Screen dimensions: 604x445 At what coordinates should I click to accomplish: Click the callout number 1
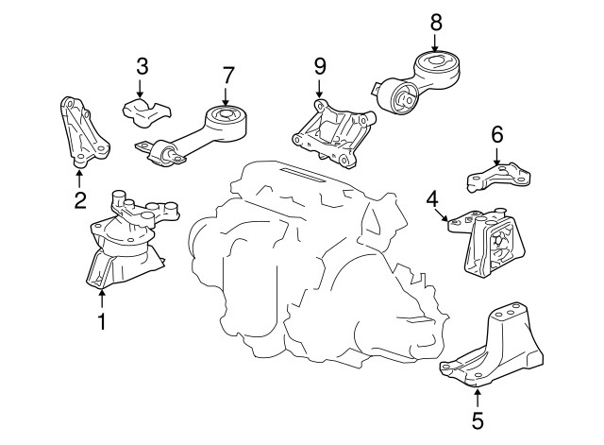click(102, 321)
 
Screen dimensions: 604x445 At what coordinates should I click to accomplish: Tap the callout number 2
click(80, 200)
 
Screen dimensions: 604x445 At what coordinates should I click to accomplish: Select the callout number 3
click(143, 66)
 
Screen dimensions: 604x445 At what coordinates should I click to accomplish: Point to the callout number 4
click(432, 199)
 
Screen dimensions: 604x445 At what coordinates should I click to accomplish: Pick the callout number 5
click(478, 420)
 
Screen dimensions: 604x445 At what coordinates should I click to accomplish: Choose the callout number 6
click(497, 134)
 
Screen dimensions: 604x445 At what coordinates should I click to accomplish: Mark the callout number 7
click(228, 76)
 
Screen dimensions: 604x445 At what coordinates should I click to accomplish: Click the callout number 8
click(436, 23)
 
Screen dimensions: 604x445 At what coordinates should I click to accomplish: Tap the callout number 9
click(320, 66)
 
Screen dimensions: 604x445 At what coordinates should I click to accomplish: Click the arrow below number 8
click(435, 43)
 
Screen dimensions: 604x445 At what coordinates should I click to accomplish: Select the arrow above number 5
click(478, 399)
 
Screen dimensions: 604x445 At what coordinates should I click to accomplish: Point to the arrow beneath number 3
click(140, 88)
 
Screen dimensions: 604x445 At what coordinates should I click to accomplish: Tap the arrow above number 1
click(102, 299)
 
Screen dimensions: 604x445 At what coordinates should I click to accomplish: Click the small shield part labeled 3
click(147, 111)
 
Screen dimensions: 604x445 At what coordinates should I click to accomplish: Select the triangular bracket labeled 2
click(84, 132)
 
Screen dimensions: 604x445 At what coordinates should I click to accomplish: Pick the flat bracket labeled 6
click(498, 178)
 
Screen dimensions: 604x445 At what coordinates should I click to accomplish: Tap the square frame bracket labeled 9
click(333, 134)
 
